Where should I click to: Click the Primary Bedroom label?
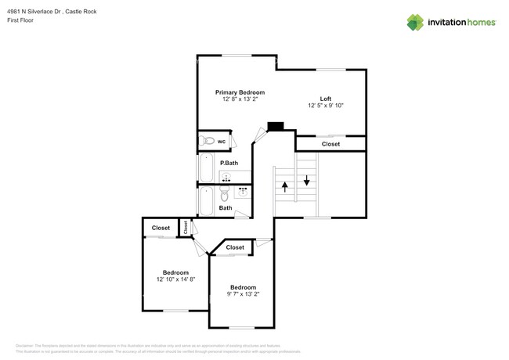click(x=240, y=92)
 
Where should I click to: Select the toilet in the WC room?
click(x=207, y=141)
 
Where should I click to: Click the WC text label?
click(x=222, y=142)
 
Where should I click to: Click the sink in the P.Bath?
click(x=226, y=178)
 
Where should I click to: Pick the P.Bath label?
click(x=229, y=163)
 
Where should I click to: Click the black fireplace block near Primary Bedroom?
click(x=275, y=126)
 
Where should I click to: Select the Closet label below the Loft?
click(x=330, y=144)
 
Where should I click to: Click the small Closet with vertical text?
click(x=186, y=227)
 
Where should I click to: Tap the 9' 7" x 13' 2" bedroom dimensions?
click(x=243, y=294)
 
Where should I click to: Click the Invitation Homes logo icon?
click(x=415, y=22)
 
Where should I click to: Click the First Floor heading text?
click(x=23, y=21)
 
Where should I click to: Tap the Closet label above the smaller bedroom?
click(x=235, y=247)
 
